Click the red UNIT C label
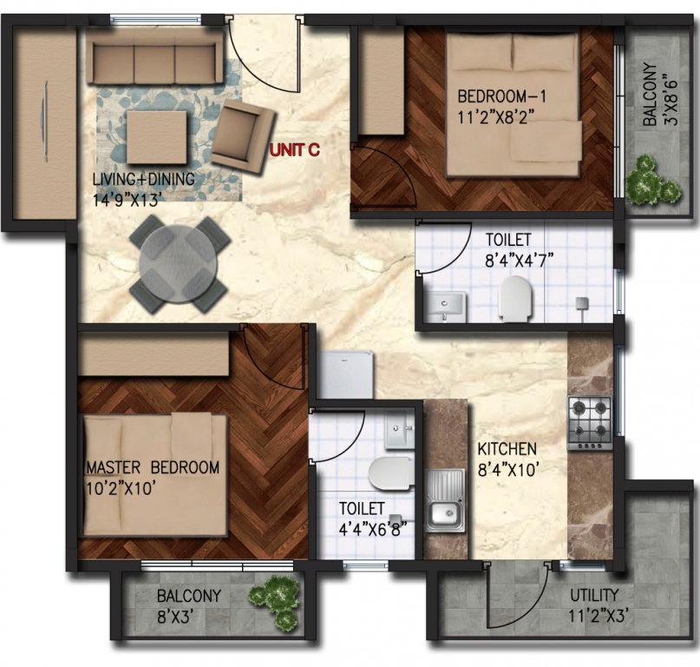pos(295,149)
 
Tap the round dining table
pos(179,264)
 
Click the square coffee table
pos(157,137)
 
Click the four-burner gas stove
pos(590,423)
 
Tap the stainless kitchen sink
pos(444,500)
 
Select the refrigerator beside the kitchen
pos(347,374)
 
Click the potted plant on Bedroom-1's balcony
pos(653,180)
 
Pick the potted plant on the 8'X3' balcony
pos(274,599)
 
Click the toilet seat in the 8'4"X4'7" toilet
pos(515,298)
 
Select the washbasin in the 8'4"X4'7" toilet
pos(444,307)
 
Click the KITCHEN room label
pos(507,448)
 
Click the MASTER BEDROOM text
pos(153,467)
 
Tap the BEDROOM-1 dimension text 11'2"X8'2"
pos(496,117)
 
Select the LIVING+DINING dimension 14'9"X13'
pos(126,201)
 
